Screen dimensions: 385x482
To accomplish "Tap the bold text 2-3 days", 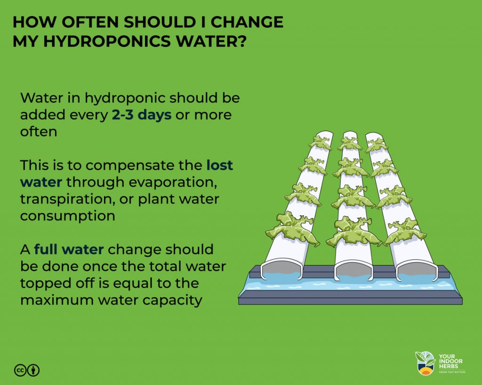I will click(x=141, y=115).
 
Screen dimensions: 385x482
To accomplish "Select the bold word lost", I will click(x=220, y=165).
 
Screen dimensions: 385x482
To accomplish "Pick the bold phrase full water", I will click(x=69, y=249).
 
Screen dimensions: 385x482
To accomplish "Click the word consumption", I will click(x=67, y=216).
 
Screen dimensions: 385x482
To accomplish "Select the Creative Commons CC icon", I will click(x=20, y=370).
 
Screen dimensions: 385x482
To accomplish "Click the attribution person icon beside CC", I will click(x=33, y=370).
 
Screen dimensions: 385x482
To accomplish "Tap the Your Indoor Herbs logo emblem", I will click(x=425, y=363).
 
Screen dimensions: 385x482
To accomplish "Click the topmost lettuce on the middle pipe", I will click(x=349, y=143).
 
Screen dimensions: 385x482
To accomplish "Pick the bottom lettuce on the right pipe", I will click(x=404, y=231).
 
